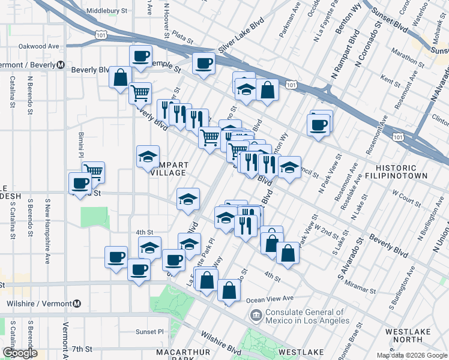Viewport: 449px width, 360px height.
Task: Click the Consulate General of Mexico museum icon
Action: coord(256,315)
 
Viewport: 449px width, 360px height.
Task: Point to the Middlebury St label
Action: coord(107,11)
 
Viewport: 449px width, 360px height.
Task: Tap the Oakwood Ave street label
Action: coord(39,46)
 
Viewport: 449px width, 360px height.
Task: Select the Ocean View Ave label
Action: coord(271,298)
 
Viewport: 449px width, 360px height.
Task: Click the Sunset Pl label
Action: coord(149,331)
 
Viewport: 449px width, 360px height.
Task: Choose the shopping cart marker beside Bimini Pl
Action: coord(93,172)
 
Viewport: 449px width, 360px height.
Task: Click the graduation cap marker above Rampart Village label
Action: coord(148,157)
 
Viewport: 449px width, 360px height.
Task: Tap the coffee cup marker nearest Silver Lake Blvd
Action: coord(203,63)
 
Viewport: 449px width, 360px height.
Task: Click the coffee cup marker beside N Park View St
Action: coord(318,125)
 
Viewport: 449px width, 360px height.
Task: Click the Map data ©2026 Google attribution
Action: coord(412,355)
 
